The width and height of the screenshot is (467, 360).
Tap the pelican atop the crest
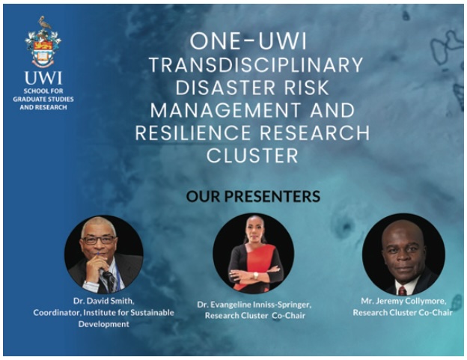(x=44, y=22)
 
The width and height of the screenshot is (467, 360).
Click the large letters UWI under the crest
(x=43, y=78)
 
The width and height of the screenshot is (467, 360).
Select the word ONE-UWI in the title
(x=248, y=42)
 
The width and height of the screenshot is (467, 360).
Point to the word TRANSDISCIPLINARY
(x=256, y=65)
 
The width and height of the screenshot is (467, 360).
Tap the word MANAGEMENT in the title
(x=225, y=110)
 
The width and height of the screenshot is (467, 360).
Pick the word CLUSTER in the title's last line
(x=252, y=156)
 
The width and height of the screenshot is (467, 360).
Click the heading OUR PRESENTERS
(x=253, y=197)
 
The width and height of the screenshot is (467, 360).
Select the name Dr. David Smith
(x=103, y=301)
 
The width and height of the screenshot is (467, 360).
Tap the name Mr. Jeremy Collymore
(x=403, y=302)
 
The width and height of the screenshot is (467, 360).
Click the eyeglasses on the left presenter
(x=99, y=240)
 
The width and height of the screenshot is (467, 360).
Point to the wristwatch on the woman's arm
(x=255, y=275)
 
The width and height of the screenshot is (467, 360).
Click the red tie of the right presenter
(x=402, y=290)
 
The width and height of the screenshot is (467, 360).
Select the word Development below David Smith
(x=103, y=324)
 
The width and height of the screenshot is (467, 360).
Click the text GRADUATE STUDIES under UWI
(x=43, y=99)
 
